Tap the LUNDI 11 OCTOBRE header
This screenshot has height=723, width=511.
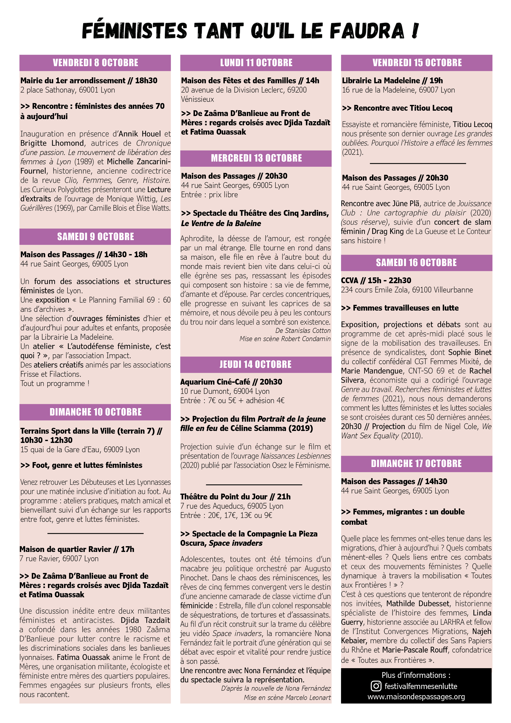click(256, 63)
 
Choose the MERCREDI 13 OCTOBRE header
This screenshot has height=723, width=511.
click(256, 158)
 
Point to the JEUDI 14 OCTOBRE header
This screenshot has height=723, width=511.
click(255, 364)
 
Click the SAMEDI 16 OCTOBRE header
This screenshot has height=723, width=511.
click(416, 263)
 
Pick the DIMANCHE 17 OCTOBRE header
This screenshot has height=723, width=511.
click(416, 464)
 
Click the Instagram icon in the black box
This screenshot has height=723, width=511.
click(376, 686)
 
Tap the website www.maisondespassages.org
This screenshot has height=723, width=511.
click(416, 697)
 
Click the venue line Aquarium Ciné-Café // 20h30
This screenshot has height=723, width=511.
click(231, 382)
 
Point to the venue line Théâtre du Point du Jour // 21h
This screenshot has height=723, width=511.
click(235, 496)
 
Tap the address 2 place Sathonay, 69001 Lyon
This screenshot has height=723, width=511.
click(68, 90)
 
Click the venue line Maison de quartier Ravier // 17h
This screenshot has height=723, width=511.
click(77, 549)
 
